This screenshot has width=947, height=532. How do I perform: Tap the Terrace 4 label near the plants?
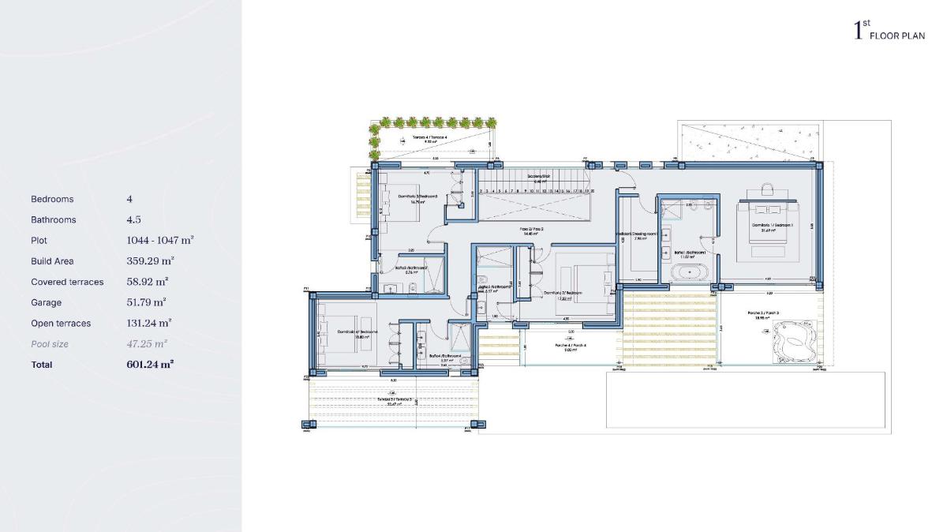[x=429, y=139]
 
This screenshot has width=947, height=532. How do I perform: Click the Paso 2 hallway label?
[x=532, y=230]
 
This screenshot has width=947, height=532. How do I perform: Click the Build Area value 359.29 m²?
[x=150, y=261]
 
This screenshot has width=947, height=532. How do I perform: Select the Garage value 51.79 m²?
[x=146, y=302]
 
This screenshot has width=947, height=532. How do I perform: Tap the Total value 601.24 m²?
[x=150, y=365]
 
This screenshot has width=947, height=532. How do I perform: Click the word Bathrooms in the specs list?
[x=53, y=220]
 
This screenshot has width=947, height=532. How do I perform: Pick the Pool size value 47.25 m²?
[x=146, y=344]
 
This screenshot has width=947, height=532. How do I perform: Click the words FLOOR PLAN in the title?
[x=897, y=36]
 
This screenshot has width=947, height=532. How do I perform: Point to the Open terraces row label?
[x=61, y=324]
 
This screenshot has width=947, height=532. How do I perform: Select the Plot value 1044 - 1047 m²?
[x=160, y=241]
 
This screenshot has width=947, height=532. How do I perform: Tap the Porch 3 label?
[x=763, y=313]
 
